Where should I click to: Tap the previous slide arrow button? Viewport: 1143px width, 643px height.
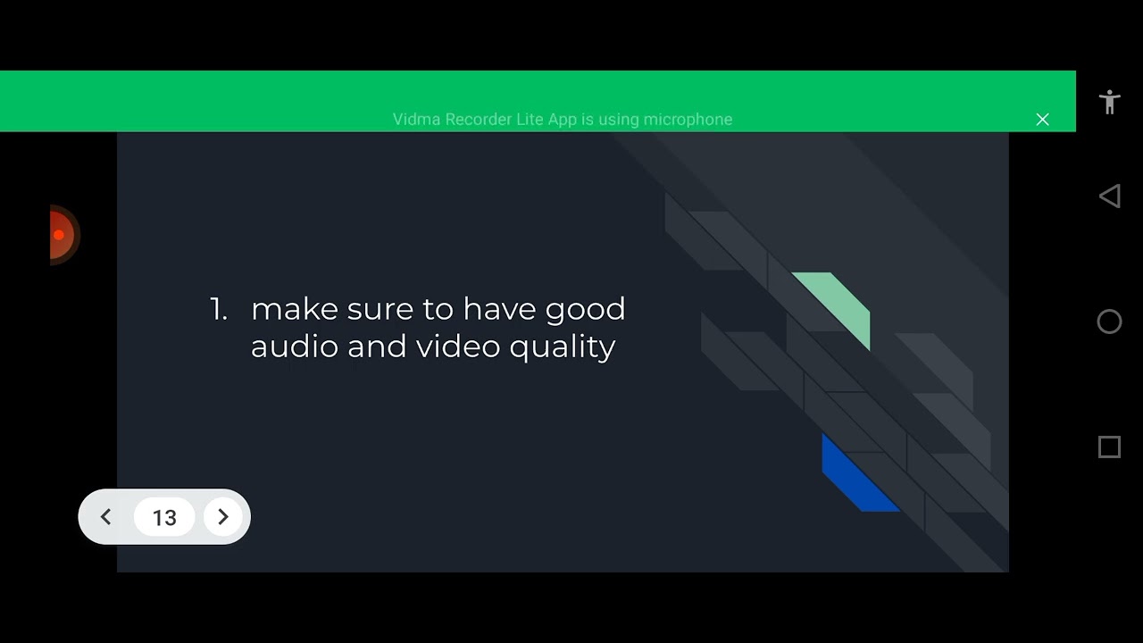pyautogui.click(x=105, y=517)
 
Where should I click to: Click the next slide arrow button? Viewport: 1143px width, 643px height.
pyautogui.click(x=223, y=517)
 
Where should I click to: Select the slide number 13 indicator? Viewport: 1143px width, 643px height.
pyautogui.click(x=164, y=518)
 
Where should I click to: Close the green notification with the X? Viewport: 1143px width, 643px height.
pyautogui.click(x=1042, y=120)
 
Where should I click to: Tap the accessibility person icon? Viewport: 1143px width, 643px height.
pyautogui.click(x=1110, y=102)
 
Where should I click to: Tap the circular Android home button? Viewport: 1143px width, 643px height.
pyautogui.click(x=1109, y=321)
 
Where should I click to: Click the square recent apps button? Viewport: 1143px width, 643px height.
pyautogui.click(x=1109, y=447)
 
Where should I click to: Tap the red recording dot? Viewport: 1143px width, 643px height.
pyautogui.click(x=59, y=235)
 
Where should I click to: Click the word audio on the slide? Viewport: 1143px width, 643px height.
pyautogui.click(x=294, y=347)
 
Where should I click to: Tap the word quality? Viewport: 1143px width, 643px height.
pyautogui.click(x=563, y=347)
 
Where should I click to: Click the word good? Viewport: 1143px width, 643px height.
pyautogui.click(x=585, y=309)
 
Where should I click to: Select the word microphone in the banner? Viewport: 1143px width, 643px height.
pyautogui.click(x=688, y=120)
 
